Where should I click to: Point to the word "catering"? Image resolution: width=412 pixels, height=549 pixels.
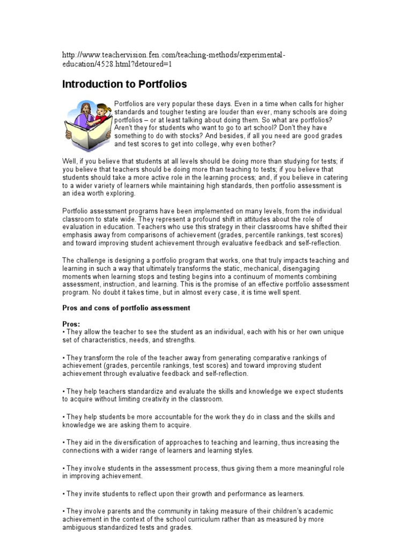(x=334, y=177)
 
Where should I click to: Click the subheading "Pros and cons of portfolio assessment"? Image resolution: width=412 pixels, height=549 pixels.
(x=126, y=308)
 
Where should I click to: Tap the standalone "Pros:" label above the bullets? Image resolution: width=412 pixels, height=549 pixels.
(x=71, y=324)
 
